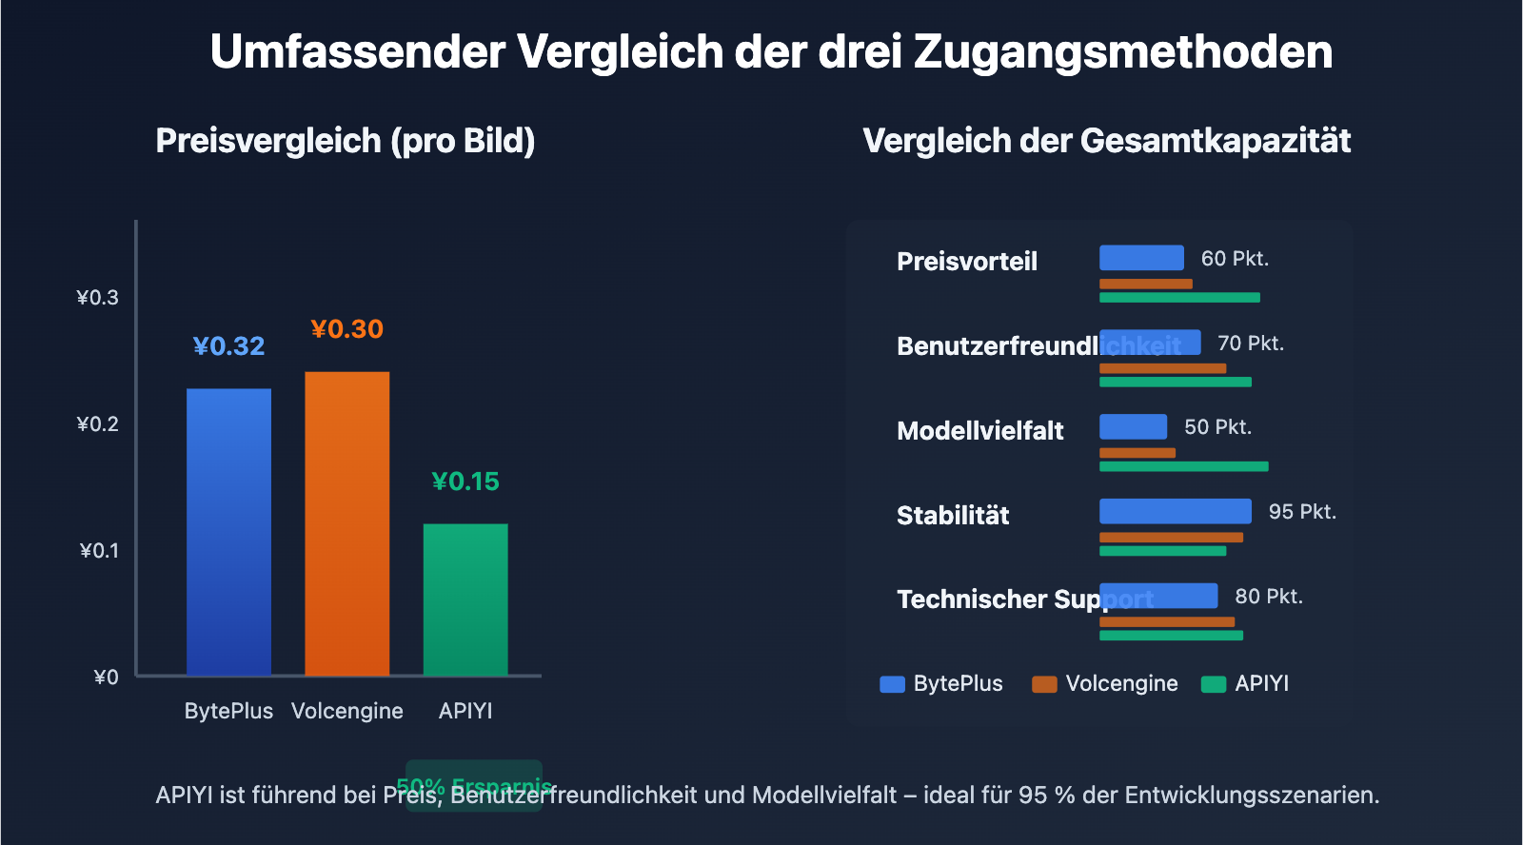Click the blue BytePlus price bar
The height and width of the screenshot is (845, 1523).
point(228,532)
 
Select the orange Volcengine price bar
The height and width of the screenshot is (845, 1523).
point(346,523)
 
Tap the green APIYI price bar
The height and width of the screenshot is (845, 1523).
point(465,599)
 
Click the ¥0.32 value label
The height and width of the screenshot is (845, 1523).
point(228,346)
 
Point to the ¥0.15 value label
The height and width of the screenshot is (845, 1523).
point(465,481)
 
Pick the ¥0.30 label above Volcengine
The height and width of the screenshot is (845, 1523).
point(346,329)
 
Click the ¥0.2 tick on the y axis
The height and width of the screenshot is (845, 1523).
point(98,424)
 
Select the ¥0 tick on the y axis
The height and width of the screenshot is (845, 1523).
point(106,678)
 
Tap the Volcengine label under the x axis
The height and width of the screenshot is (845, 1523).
point(346,711)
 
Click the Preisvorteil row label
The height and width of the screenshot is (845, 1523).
point(966,262)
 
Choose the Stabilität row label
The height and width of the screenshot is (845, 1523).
point(953,516)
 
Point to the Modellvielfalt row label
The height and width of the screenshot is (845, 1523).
point(979,431)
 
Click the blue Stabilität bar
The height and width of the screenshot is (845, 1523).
point(1175,511)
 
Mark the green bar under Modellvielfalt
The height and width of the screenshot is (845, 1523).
point(1183,466)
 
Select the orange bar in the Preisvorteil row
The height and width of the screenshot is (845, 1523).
point(1145,284)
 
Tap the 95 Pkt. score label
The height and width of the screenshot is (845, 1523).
point(1302,512)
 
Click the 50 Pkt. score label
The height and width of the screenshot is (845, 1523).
point(1217,427)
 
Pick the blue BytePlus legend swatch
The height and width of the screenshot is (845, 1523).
point(892,684)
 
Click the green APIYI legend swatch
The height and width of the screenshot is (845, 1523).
point(1213,684)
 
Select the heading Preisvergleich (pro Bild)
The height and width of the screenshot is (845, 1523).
point(346,141)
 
